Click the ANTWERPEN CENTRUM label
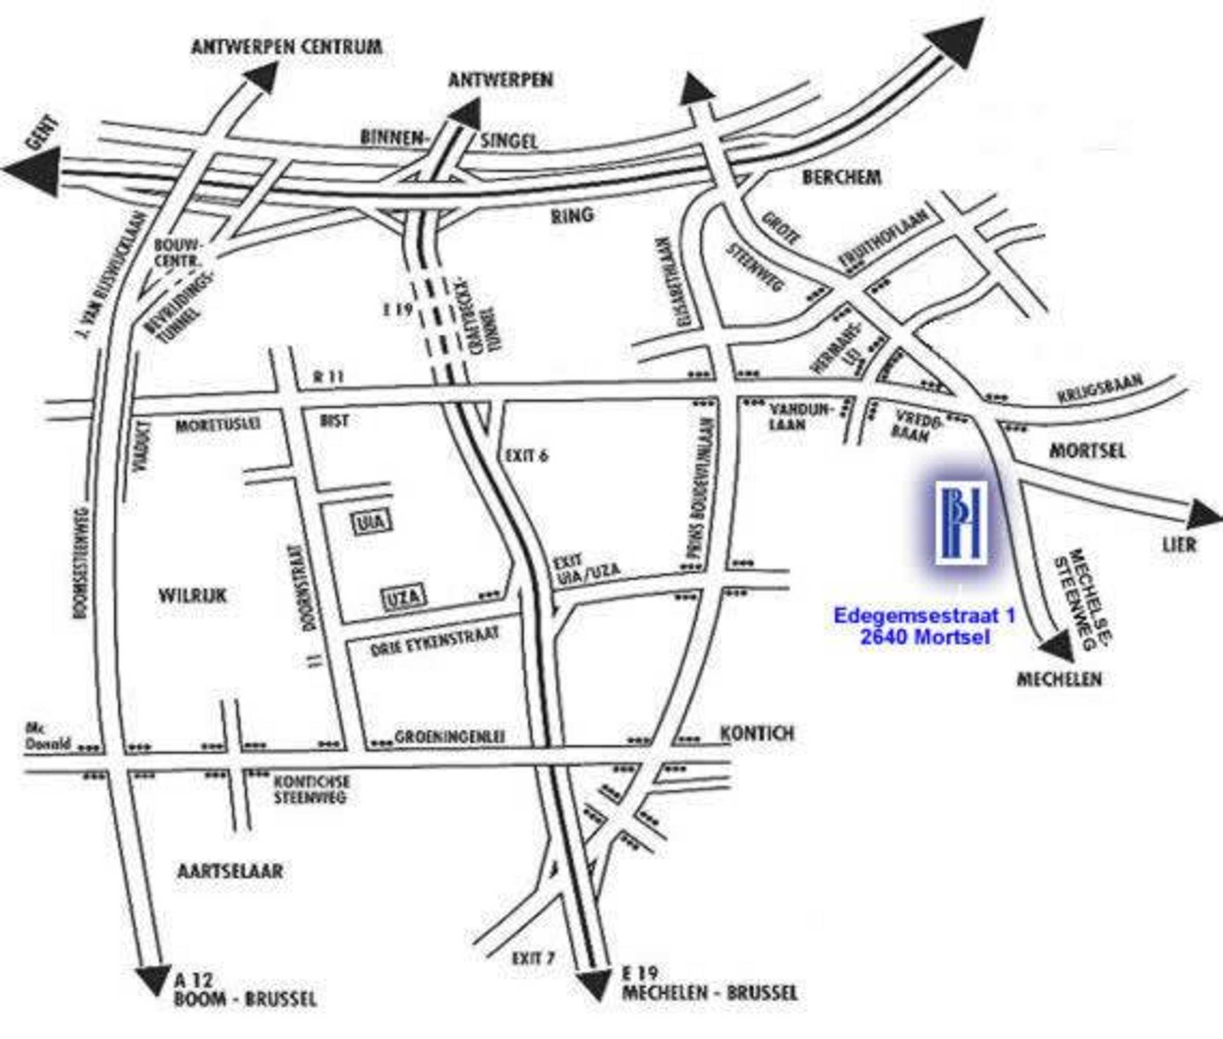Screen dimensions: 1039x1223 coord(287,47)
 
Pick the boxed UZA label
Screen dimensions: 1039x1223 coord(404,598)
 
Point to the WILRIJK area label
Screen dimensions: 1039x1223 coord(193,595)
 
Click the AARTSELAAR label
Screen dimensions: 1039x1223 coord(230,871)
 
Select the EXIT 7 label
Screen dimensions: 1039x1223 coord(533,959)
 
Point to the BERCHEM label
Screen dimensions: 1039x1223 coord(841,177)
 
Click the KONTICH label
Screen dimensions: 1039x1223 coord(757,734)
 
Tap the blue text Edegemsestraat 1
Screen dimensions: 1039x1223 coord(925,616)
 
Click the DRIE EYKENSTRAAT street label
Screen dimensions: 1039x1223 coord(435,642)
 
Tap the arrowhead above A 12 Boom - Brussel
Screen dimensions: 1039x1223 coord(154,978)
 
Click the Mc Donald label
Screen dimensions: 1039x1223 coord(47,738)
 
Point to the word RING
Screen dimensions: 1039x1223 coord(572,216)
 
